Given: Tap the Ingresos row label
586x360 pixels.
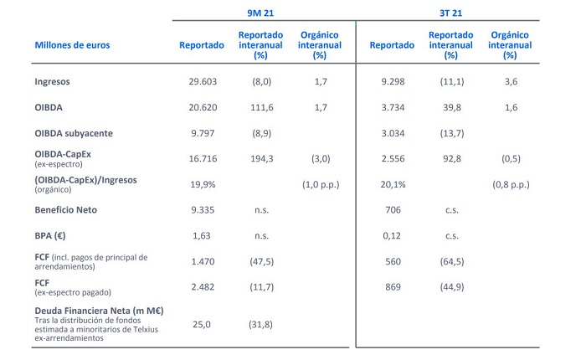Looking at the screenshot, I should tap(54, 82).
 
